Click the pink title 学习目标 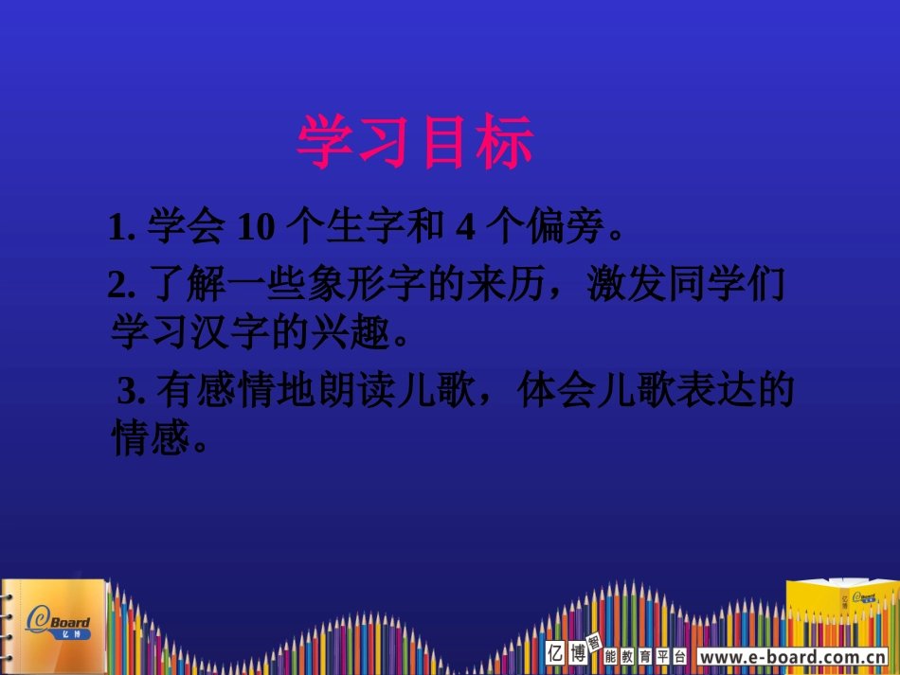pos(416,143)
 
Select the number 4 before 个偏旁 pos(464,227)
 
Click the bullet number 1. pos(117,228)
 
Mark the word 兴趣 pos(351,332)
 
